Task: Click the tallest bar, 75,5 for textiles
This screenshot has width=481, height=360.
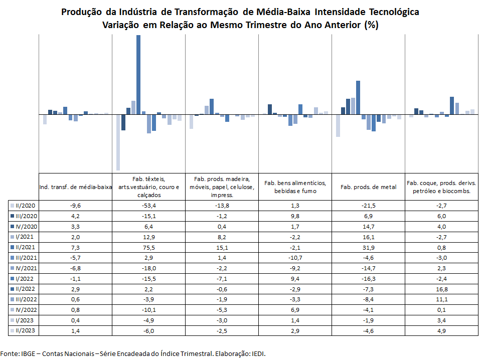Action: tap(138, 75)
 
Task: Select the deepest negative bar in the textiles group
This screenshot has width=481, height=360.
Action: tap(118, 142)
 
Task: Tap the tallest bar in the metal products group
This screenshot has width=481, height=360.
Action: tap(358, 97)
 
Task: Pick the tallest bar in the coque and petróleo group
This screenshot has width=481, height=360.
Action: tap(452, 106)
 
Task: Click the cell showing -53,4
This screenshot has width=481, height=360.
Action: tap(149, 206)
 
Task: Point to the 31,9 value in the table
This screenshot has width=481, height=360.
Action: tap(369, 248)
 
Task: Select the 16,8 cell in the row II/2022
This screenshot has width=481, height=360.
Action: tap(442, 289)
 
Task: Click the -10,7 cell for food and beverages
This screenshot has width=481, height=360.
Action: tap(295, 258)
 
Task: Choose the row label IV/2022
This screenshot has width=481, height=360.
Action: tap(26, 310)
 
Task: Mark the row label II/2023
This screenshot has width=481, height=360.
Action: tap(25, 330)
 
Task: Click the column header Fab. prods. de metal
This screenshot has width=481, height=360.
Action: tap(369, 187)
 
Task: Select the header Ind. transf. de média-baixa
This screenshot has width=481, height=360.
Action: tap(75, 187)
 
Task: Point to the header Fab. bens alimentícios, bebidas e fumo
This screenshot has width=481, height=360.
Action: tap(295, 187)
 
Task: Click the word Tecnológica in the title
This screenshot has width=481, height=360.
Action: tap(394, 12)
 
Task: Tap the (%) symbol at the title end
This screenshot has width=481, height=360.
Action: tap(371, 25)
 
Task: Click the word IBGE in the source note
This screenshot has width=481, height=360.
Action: tap(28, 353)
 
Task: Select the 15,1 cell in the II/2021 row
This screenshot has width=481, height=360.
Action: tap(222, 248)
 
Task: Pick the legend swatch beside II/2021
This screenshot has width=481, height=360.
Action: tap(13, 247)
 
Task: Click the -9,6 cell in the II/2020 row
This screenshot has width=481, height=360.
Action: tap(75, 206)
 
